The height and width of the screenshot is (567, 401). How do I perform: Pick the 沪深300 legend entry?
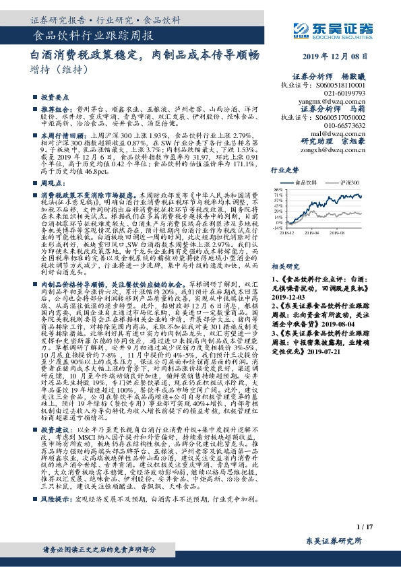(x=350, y=182)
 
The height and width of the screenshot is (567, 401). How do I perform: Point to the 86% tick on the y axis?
(x=278, y=190)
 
